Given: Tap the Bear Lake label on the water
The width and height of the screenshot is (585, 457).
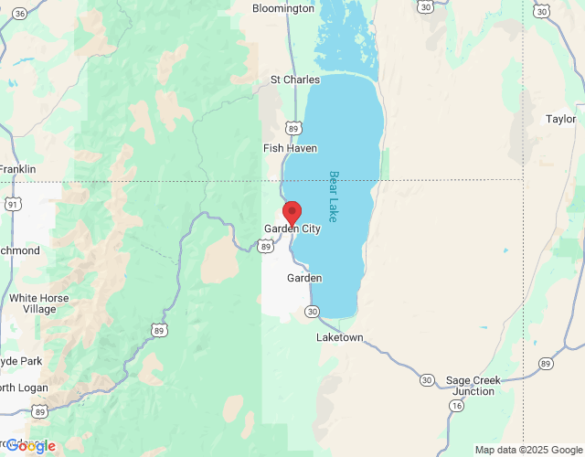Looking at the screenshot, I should click(334, 197).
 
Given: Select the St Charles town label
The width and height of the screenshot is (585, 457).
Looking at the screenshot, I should click(294, 80).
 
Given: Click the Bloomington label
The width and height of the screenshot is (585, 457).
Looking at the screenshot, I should click(283, 8).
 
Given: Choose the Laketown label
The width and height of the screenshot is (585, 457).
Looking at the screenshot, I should click(339, 337).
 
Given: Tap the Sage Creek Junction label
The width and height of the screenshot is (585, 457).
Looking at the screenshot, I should click(471, 386).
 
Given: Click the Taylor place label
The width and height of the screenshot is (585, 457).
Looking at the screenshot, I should click(560, 119).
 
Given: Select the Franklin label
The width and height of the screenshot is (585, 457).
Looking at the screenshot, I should click(17, 169).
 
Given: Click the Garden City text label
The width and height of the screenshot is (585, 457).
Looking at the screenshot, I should click(292, 228).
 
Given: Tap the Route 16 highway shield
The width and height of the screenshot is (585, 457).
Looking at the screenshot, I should click(455, 404).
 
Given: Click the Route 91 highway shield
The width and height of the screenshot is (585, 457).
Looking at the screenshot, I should click(12, 205).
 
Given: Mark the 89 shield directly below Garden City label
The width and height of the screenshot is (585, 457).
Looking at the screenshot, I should click(264, 246).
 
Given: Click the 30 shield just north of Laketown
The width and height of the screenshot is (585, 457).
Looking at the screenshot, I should click(314, 312).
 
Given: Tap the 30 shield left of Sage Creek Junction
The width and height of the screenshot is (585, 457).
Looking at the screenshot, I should click(427, 378).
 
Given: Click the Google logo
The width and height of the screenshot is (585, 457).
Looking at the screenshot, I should click(30, 446).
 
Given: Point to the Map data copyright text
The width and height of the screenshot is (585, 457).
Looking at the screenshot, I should click(528, 450).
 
